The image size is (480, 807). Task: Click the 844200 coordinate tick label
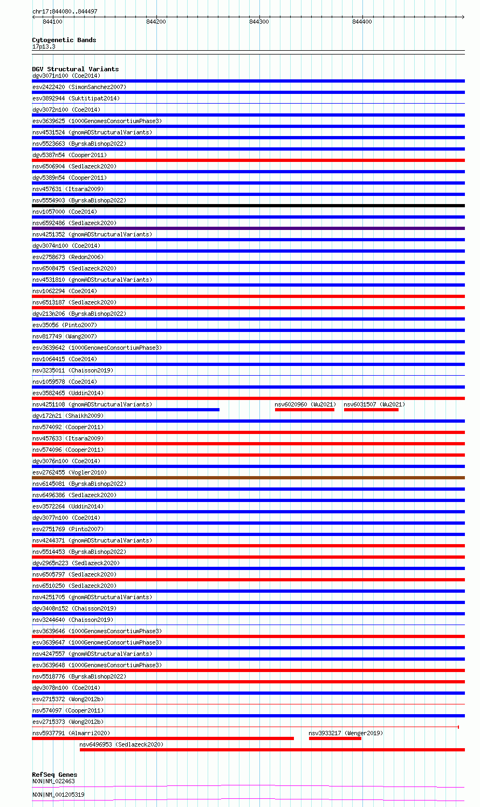156,22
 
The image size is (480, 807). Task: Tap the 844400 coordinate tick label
362,22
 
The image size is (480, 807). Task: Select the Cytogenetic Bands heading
64,40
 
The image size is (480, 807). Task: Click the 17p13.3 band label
44,46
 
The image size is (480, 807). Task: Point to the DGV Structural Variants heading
75,69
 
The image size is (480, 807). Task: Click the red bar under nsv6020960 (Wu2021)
304,410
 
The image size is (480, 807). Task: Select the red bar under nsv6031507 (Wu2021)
371,410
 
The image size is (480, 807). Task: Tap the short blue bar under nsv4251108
126,410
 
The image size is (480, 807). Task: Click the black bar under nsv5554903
248,206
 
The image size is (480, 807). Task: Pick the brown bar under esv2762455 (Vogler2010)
248,478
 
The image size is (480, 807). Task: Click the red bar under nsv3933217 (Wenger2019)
335,738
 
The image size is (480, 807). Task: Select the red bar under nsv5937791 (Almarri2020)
163,738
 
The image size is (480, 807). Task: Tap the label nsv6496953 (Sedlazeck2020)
121,744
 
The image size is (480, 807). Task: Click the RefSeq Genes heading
54,775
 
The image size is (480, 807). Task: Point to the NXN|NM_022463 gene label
53,781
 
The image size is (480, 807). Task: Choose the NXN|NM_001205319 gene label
58,795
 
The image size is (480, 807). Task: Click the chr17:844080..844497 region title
65,11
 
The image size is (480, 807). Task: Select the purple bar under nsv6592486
248,228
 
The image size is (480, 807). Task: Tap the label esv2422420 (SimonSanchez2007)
79,87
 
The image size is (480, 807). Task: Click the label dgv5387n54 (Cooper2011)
70,155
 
